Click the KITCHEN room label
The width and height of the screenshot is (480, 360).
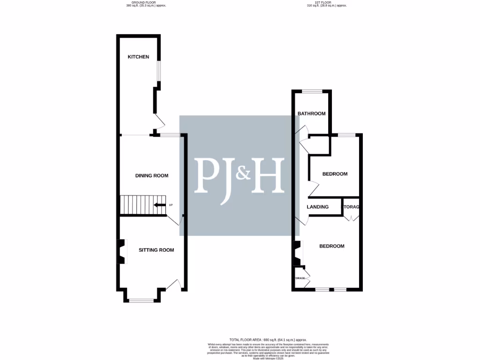tap(139, 57)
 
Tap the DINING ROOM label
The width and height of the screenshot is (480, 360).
tap(151, 176)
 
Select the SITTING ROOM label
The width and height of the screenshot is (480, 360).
tap(156, 250)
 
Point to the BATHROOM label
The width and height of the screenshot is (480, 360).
tap(312, 114)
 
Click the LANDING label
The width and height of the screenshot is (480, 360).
tap(317, 207)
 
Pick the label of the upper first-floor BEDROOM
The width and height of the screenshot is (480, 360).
tap(335, 174)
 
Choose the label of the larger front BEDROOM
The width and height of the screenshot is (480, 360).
tap(332, 246)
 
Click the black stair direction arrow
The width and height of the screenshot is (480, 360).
tap(160, 205)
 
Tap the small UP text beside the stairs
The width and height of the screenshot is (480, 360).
tap(171, 205)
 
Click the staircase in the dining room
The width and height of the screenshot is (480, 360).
tap(141, 205)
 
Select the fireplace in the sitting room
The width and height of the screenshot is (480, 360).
tap(121, 252)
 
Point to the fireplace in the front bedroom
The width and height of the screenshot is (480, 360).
tap(297, 253)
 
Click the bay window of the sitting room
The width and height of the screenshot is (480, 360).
tap(141, 300)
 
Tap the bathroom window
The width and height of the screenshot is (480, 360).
tap(312, 91)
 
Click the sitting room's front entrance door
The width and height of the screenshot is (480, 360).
tap(174, 285)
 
